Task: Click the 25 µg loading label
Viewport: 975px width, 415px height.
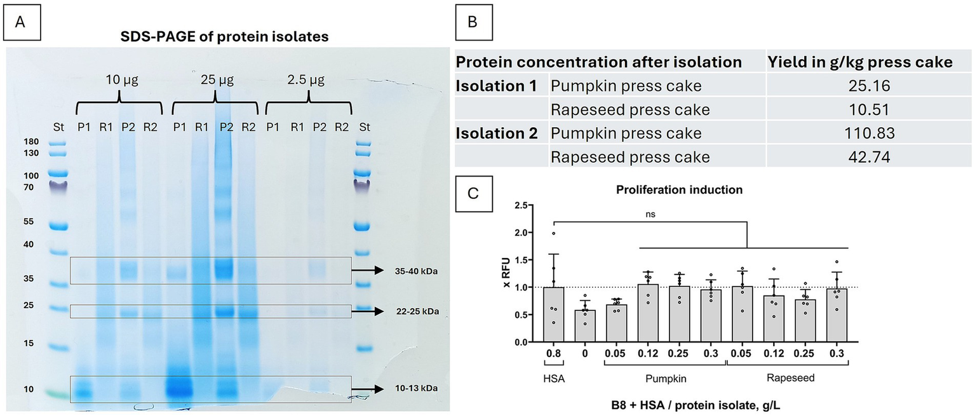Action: click(216, 81)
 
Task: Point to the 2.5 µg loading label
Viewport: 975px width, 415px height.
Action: click(307, 81)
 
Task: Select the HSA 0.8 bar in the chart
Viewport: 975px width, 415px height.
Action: click(554, 315)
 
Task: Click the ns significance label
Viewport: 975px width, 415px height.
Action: click(650, 215)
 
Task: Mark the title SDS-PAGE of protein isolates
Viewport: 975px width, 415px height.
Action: click(225, 36)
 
